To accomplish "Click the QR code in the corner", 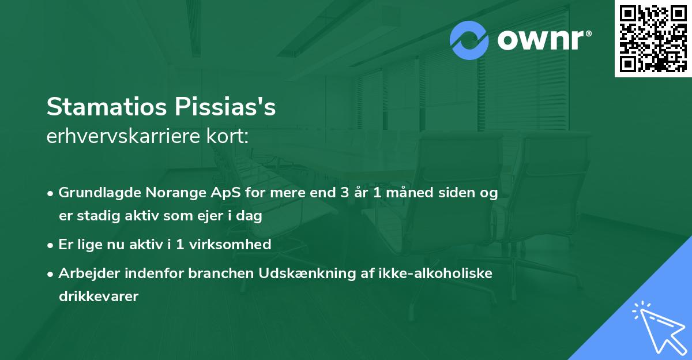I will pyautogui.click(x=653, y=39).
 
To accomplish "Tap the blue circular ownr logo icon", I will pyautogui.click(x=469, y=40).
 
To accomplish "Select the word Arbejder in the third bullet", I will pyautogui.click(x=85, y=273).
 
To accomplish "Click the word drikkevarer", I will pyautogui.click(x=99, y=297).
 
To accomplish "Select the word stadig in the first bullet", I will pyautogui.click(x=97, y=216).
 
